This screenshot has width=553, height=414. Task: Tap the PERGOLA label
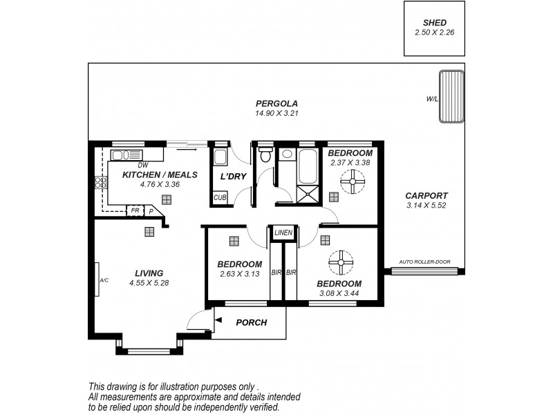[x=276, y=103]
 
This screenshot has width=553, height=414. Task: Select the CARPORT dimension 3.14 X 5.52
[x=427, y=206]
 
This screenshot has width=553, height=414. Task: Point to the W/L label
[x=432, y=99]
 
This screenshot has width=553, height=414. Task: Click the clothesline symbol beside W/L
[x=451, y=96]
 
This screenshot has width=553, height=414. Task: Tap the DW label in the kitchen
[x=143, y=165]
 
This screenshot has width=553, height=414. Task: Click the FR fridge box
[x=135, y=210]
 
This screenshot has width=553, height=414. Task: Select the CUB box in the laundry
[x=220, y=197]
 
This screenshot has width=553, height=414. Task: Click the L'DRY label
[x=233, y=177]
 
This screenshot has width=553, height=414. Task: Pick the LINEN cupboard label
[x=283, y=233]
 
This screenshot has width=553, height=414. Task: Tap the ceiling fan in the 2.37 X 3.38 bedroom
[x=353, y=181]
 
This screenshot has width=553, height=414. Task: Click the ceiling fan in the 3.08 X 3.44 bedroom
[x=341, y=263]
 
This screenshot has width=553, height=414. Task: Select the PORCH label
[x=252, y=322]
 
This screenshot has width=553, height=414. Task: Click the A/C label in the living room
[x=104, y=281]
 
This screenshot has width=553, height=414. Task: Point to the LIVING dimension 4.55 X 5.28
[x=149, y=282]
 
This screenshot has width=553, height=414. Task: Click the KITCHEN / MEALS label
[x=160, y=175]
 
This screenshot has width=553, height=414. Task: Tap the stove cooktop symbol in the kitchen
[x=100, y=183]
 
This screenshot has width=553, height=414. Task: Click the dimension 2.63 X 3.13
[x=239, y=274]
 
